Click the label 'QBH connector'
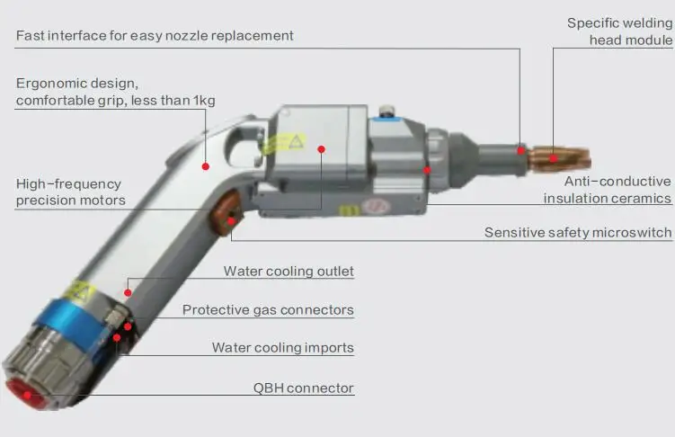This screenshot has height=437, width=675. click(303, 388)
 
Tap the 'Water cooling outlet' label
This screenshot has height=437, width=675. click(289, 272)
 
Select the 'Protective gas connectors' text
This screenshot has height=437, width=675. click(268, 310)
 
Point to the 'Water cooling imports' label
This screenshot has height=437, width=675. click(282, 348)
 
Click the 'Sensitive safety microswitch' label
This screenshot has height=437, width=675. click(577, 233)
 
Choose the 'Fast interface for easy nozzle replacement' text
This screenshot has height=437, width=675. click(155, 36)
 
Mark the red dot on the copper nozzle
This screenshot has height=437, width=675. click(553, 158)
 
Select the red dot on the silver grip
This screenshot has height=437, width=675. click(206, 166)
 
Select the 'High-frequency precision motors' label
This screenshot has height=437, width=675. click(70, 192)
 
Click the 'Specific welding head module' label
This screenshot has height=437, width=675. click(619, 31)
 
